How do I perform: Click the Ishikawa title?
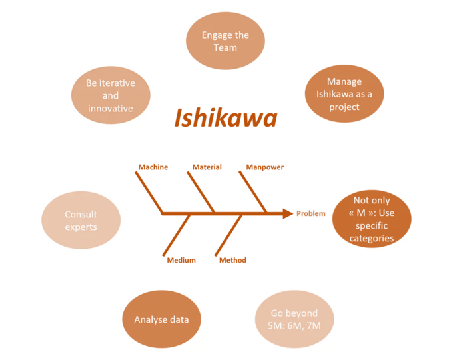click(x=226, y=118)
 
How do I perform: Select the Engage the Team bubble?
click(x=225, y=41)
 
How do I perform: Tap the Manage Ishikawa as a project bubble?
click(x=344, y=94)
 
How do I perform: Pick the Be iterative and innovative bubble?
click(x=111, y=95)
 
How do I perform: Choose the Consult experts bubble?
click(x=81, y=221)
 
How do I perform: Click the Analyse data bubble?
click(x=161, y=319)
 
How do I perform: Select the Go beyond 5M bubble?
click(x=294, y=319)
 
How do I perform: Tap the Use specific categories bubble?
click(x=372, y=219)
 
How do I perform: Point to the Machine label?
click(x=153, y=167)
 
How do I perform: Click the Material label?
click(x=207, y=167)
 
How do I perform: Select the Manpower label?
click(x=264, y=167)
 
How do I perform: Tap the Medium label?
click(x=181, y=260)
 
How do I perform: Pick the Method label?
click(x=232, y=260)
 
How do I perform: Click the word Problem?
click(x=311, y=214)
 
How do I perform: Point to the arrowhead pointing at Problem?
click(x=287, y=214)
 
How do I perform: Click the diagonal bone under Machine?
click(x=150, y=193)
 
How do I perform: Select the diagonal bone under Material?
click(x=201, y=193)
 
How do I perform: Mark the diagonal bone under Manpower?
click(x=253, y=193)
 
